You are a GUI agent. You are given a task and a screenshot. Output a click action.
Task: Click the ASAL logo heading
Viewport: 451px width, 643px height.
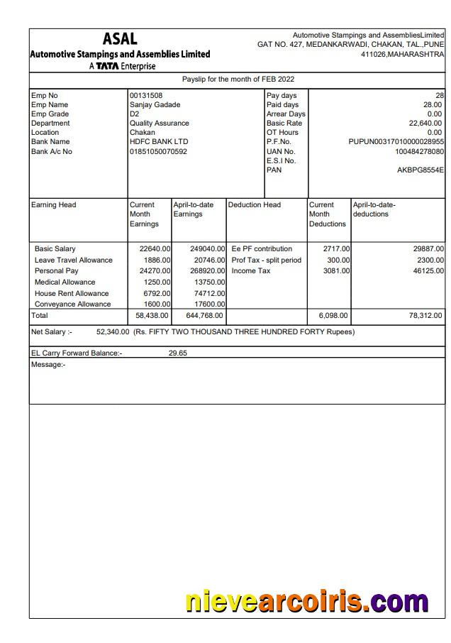(120, 39)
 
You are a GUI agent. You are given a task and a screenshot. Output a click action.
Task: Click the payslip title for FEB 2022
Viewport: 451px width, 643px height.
(238, 79)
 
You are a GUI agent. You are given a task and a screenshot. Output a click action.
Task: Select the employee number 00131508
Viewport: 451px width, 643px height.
(146, 96)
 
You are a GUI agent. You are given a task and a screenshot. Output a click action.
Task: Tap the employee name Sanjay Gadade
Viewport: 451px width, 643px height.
(155, 105)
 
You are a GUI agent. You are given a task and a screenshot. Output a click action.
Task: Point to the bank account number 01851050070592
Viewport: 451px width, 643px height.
(158, 151)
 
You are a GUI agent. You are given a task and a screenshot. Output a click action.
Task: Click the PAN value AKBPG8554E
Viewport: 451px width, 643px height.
(421, 170)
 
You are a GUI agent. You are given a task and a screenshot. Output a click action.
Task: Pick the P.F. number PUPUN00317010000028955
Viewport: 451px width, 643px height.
(396, 142)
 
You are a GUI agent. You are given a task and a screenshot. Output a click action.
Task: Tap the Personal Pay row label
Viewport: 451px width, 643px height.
(57, 271)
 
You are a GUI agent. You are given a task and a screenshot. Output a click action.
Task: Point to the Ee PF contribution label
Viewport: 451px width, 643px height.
(262, 249)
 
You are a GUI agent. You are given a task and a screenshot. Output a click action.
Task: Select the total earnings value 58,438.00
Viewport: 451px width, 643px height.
(151, 316)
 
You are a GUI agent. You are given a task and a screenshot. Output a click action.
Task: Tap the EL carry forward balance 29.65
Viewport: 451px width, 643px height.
(178, 353)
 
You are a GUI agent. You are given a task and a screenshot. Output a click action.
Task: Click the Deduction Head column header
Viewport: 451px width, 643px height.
(254, 205)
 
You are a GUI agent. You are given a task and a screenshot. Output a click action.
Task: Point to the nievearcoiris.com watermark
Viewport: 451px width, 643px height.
(306, 602)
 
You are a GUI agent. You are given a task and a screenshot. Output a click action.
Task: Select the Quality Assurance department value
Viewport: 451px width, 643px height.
(159, 123)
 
